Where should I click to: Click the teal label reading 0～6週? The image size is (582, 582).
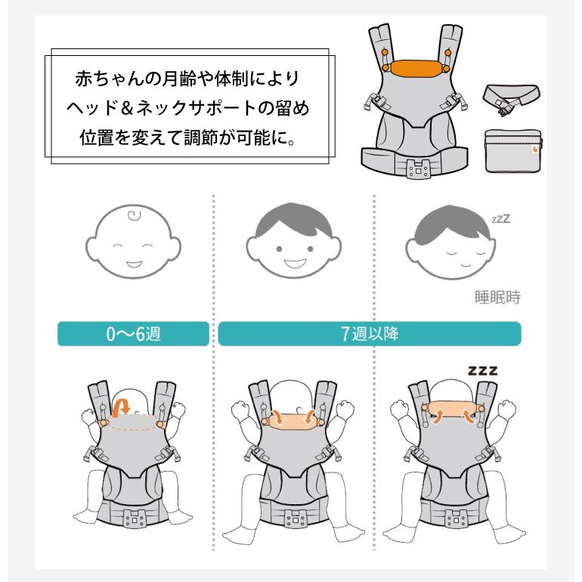[x=133, y=333]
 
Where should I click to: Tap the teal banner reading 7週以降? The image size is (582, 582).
[x=370, y=333]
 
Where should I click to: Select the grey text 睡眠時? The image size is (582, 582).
[x=498, y=297]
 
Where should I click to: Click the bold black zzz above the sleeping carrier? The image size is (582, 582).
[x=482, y=370]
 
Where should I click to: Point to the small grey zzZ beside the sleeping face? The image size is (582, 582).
[x=500, y=218]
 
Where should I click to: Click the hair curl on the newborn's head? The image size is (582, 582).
[x=134, y=215]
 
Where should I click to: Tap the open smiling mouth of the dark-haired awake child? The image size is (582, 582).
[x=295, y=263]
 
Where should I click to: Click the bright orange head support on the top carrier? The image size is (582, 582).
[x=416, y=68]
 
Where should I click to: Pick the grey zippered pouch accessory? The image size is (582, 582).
[x=514, y=150]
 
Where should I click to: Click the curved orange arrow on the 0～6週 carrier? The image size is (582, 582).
[x=121, y=407]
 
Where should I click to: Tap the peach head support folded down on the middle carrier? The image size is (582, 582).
[x=293, y=419]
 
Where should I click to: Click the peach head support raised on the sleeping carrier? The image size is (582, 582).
[x=452, y=408]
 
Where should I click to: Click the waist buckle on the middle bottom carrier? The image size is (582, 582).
[x=296, y=518]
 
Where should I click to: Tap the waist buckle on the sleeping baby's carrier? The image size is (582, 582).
[x=457, y=518]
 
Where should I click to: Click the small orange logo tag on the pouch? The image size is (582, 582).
[x=535, y=150]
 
